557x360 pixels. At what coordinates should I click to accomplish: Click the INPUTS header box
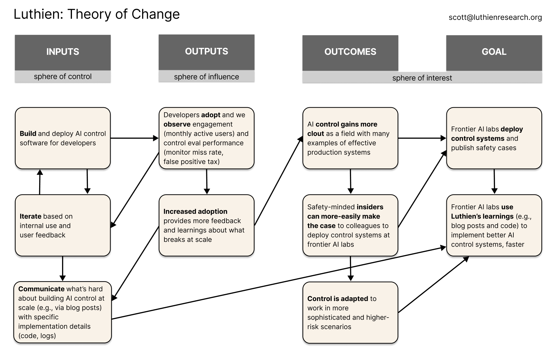click(63, 52)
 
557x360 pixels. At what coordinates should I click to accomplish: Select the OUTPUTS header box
click(207, 52)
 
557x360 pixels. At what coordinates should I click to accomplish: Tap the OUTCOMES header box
click(350, 52)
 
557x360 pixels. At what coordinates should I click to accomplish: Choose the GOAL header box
click(494, 52)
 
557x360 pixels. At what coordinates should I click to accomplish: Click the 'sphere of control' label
click(63, 76)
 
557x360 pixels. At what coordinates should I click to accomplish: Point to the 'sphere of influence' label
click(207, 77)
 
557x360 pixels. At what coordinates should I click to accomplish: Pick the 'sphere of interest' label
click(422, 78)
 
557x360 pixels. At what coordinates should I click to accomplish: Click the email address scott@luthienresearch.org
click(495, 17)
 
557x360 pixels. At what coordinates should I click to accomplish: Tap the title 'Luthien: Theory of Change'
click(97, 14)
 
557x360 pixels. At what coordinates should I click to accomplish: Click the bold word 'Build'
click(28, 134)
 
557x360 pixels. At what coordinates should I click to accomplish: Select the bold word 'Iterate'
click(30, 216)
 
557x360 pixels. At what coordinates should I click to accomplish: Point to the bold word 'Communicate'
click(41, 289)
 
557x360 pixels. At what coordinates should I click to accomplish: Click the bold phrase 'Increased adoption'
click(195, 212)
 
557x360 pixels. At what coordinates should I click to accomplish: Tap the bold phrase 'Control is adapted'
click(338, 299)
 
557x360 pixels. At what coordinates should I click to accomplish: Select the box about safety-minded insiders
click(350, 225)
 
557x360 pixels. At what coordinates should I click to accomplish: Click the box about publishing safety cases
click(494, 138)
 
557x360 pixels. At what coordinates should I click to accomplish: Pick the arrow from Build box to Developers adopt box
click(134, 138)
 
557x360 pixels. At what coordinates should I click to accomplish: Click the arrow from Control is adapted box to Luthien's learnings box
click(434, 284)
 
